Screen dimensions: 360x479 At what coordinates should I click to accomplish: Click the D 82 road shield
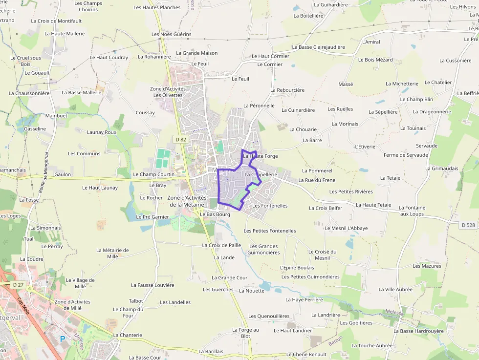181,139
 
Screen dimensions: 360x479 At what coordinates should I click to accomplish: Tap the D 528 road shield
468,225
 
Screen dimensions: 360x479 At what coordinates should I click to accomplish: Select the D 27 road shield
18,284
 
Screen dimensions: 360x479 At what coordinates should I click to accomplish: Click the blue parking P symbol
62,339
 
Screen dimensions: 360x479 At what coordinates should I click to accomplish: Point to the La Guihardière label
331,5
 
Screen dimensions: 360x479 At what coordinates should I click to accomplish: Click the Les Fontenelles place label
270,206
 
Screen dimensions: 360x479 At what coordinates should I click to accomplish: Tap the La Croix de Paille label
221,245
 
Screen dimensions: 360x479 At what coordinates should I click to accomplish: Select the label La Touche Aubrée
372,345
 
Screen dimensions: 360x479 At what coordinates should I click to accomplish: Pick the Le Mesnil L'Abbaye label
346,228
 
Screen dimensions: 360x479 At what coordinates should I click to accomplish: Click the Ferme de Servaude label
406,155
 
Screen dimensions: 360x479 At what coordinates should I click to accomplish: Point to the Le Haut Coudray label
109,57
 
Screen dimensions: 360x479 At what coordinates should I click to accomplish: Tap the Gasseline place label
35,129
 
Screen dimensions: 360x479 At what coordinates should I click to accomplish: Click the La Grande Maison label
197,53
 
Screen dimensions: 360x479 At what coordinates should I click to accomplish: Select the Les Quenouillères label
269,316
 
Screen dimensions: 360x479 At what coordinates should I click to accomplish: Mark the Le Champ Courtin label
153,174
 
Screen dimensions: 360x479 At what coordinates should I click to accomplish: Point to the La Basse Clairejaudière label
318,47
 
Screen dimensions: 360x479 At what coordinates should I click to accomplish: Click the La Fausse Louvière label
152,285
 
